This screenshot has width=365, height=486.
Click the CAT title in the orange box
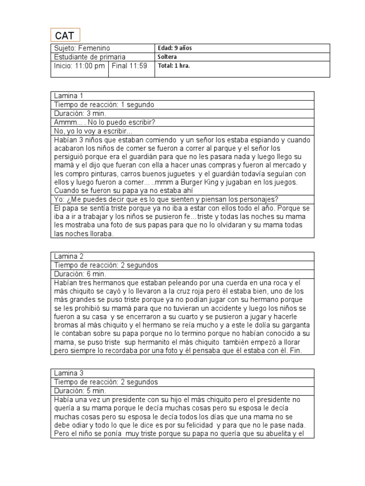[65, 36]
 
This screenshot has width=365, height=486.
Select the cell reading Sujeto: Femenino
[81, 48]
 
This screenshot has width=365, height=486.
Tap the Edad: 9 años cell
[174, 48]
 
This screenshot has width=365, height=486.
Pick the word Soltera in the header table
[167, 57]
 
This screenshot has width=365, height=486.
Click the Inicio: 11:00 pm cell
[79, 66]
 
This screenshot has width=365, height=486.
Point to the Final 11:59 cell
[129, 66]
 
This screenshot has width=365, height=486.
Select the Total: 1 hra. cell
[173, 66]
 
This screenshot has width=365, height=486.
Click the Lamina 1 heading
[69, 96]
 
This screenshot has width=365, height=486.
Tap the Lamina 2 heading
[69, 256]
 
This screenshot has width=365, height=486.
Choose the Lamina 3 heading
[69, 373]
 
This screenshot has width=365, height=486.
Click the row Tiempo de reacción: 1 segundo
[104, 104]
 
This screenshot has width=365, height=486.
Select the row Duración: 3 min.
[80, 113]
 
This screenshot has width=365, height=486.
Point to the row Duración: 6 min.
[80, 274]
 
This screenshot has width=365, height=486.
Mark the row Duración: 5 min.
[80, 391]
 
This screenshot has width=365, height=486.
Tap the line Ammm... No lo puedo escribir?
[105, 122]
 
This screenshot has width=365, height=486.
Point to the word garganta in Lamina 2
[294, 325]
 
